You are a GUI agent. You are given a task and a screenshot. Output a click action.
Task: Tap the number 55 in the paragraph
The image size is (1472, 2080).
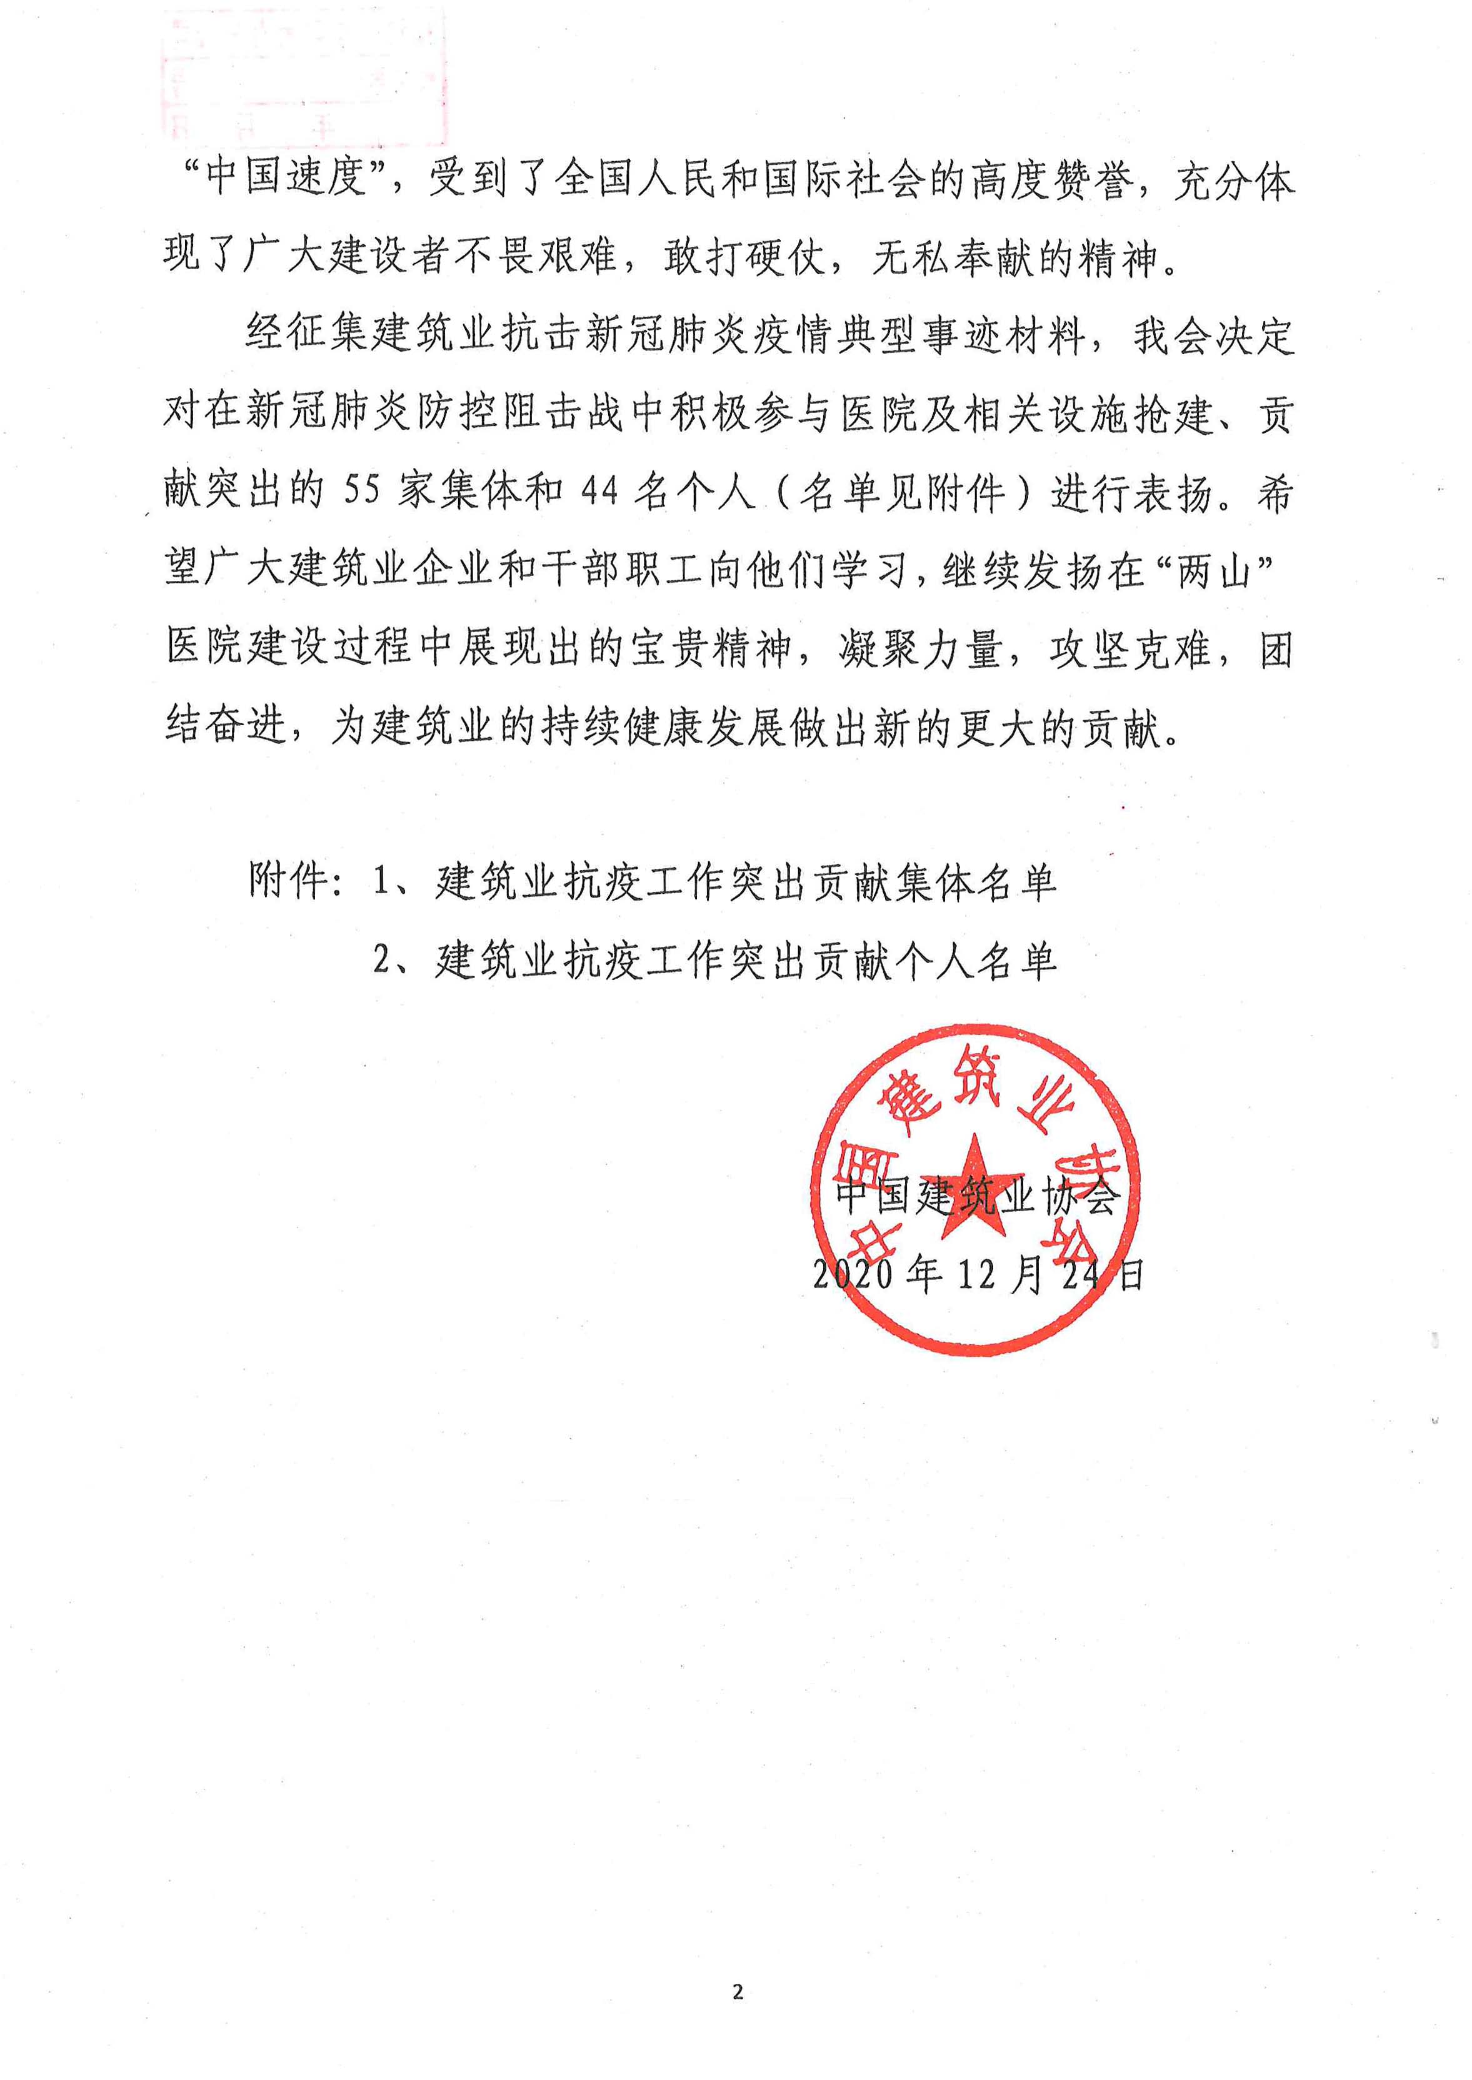tap(362, 490)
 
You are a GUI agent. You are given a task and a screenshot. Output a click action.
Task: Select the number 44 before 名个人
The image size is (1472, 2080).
tap(599, 490)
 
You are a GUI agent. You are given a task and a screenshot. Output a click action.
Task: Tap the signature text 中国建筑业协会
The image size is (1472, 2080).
tap(977, 1197)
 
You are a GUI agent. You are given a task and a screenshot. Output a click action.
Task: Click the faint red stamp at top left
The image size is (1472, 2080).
tap(304, 77)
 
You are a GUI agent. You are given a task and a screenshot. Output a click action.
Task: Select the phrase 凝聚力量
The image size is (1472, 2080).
tap(920, 648)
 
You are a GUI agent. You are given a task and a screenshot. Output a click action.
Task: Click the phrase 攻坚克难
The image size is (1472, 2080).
tap(1129, 648)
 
